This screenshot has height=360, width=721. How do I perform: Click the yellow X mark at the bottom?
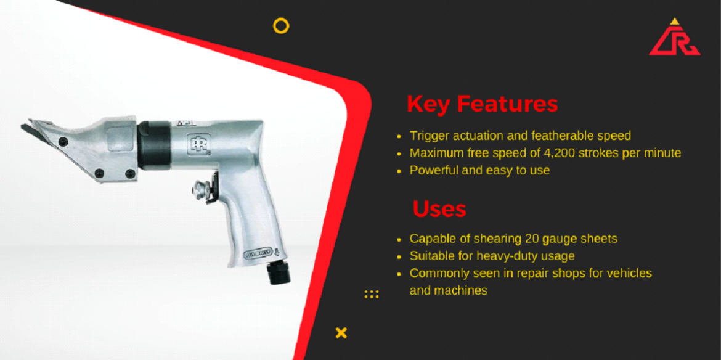click(x=341, y=332)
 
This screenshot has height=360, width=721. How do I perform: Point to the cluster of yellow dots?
click(x=372, y=294)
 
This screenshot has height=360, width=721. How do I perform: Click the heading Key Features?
click(x=483, y=104)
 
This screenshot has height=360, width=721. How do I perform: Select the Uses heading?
click(x=439, y=209)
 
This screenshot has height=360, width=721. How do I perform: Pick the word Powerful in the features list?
click(x=434, y=170)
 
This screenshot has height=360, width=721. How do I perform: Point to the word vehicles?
click(x=630, y=273)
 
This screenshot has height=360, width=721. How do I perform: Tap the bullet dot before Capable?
click(x=399, y=240)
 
